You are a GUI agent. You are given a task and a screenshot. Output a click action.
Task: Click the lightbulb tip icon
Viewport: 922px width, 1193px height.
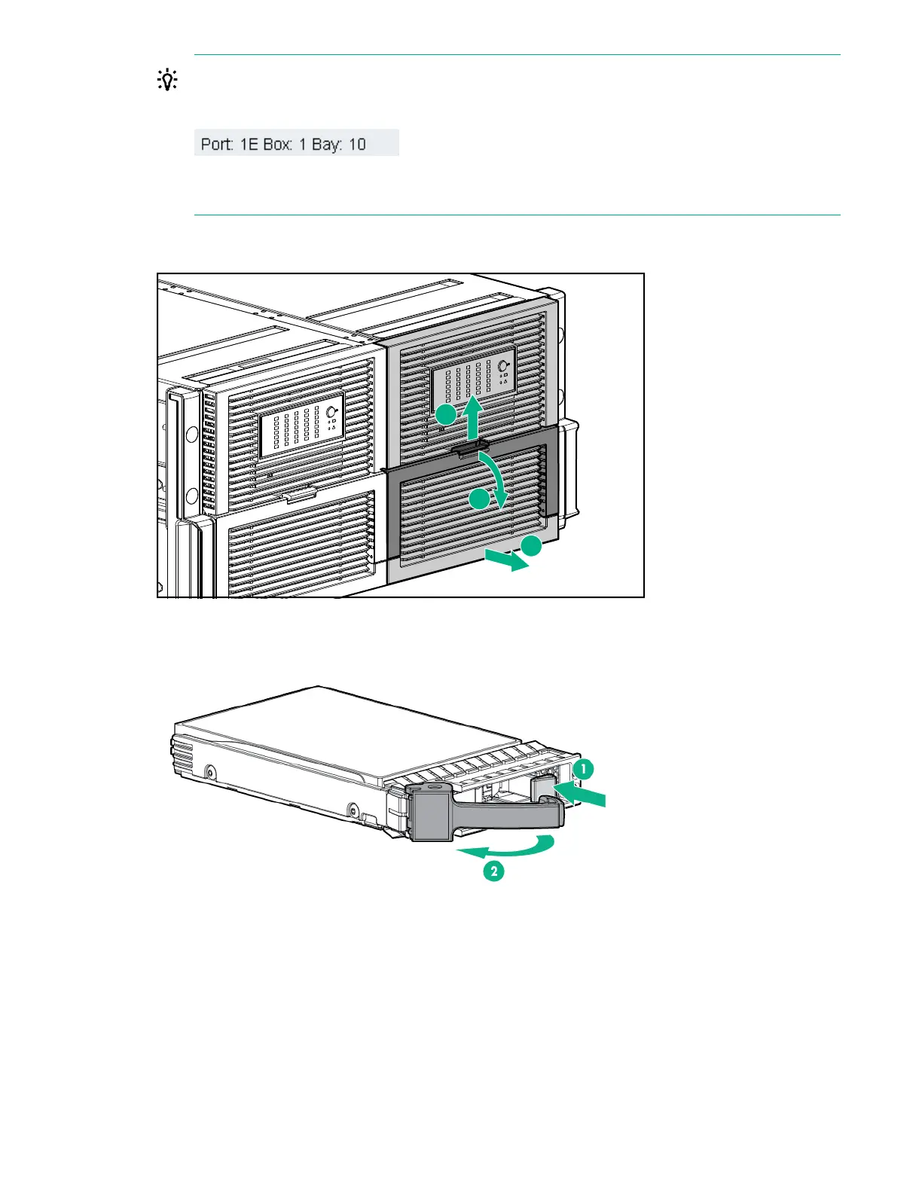(167, 81)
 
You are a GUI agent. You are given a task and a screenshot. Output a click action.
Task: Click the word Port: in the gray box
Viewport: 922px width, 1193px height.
(216, 144)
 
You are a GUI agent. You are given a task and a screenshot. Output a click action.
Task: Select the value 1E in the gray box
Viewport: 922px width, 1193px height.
(249, 144)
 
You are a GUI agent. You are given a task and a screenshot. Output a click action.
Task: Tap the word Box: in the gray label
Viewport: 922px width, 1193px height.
(278, 144)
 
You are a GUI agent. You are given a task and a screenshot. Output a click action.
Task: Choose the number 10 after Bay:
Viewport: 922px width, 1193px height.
(357, 144)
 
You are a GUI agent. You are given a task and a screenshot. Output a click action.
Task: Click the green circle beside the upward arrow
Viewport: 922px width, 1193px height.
(446, 414)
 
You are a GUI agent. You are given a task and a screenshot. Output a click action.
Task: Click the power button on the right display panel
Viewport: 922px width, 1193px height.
(504, 366)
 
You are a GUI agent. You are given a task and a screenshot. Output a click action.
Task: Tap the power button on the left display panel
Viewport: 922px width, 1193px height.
(330, 411)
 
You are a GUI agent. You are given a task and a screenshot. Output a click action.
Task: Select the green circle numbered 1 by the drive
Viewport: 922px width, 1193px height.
(583, 769)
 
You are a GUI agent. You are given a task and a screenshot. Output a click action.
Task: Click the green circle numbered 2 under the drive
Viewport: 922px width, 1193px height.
(493, 871)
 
